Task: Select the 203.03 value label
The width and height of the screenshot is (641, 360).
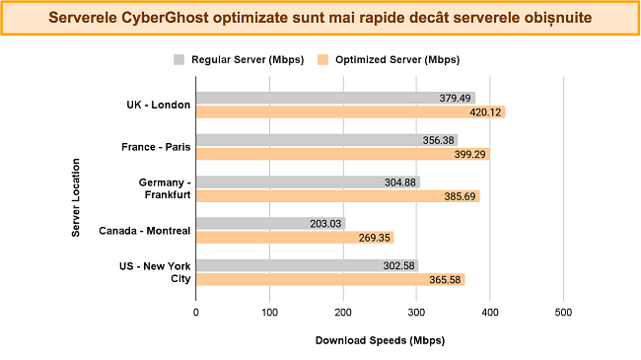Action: click(x=324, y=224)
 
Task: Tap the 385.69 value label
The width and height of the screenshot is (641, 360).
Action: click(x=459, y=196)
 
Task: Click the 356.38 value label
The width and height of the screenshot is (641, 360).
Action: click(x=437, y=140)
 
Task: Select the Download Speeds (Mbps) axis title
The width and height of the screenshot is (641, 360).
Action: click(x=380, y=341)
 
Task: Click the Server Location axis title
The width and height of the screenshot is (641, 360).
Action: click(x=76, y=188)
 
